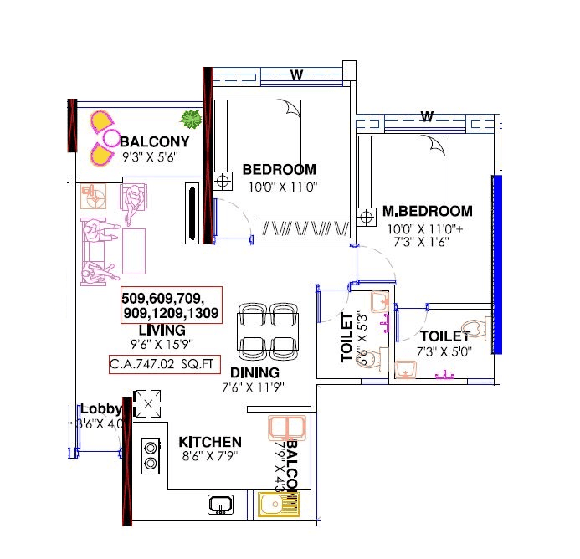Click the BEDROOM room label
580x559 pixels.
pos(279,170)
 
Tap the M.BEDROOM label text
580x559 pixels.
pos(427,212)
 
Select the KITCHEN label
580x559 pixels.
pos(210,442)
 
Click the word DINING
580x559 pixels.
pos(254,372)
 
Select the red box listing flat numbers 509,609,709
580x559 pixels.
pos(170,305)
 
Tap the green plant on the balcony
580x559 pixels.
pos(192,119)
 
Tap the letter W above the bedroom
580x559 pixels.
pos(295,76)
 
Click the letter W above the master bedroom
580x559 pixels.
pos(427,116)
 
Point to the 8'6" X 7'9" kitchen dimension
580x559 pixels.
pos(211,457)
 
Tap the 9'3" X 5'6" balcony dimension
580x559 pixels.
pos(156,155)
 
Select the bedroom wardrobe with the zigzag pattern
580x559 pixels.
pos(304,228)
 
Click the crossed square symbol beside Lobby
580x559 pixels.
pos(148,405)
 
